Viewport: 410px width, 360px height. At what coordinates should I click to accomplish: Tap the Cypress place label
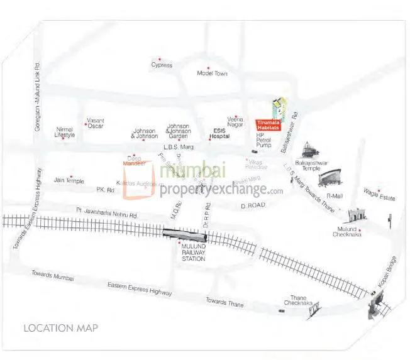[x=162, y=65]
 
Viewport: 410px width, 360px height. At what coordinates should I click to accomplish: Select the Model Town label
[x=212, y=74]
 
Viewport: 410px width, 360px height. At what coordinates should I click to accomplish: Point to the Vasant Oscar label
[x=95, y=123]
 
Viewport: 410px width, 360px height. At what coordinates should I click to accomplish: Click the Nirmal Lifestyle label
[x=65, y=132]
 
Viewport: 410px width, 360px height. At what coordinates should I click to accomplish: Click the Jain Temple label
[x=69, y=181]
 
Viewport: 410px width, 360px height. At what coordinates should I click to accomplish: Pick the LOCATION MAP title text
[x=60, y=328]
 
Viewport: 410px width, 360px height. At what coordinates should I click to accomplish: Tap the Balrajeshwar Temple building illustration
[x=309, y=150]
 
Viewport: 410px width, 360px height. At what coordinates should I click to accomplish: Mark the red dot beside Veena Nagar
[x=236, y=116]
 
